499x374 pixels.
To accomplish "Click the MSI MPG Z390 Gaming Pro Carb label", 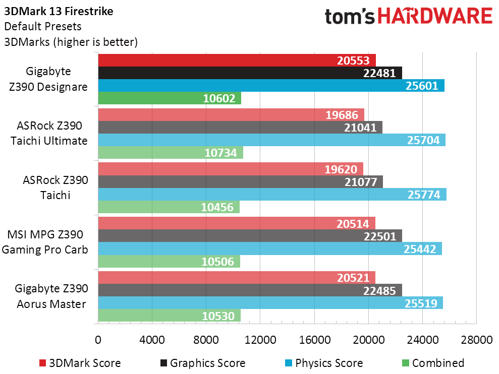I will [x=48, y=241].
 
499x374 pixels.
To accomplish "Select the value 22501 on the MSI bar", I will [x=381, y=236].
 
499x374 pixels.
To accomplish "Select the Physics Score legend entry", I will [x=328, y=363].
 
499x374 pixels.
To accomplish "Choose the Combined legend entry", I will [x=437, y=363].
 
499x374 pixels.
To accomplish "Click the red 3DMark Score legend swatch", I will [x=42, y=363].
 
